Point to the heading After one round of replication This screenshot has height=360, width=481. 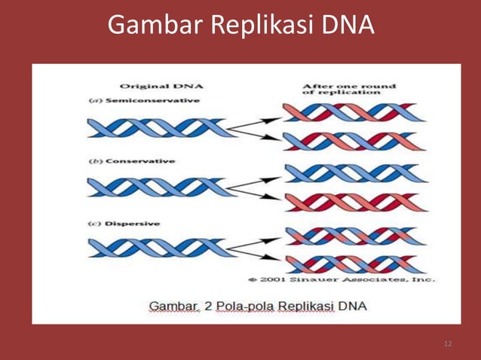tap(349, 90)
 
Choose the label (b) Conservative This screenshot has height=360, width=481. tap(133, 161)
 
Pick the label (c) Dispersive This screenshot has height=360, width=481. tap(127, 224)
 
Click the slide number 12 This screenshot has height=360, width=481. tap(449, 344)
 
